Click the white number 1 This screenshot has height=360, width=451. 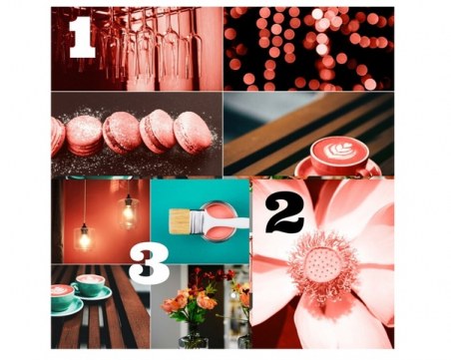coord(82,37)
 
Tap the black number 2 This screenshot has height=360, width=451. coord(284,213)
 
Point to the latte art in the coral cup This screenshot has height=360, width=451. coord(339,151)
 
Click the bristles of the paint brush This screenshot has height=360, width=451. coord(179,221)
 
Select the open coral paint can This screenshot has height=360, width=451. coord(219,221)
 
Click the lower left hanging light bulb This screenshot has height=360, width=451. coord(84,237)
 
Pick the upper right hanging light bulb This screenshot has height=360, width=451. coord(129,212)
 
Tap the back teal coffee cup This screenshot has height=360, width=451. coord(91,285)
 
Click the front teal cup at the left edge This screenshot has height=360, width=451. coord(62,297)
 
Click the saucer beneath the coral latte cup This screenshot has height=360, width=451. coord(337,169)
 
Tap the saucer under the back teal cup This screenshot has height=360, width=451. coord(97,294)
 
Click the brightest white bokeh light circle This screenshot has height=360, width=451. coord(317,14)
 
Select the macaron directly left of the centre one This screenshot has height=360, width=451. coord(84,135)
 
